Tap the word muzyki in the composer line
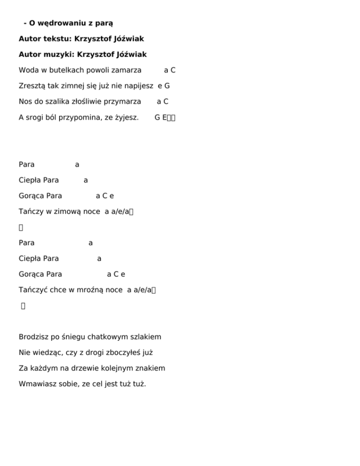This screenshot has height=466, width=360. point(60,54)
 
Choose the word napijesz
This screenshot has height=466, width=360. point(139,86)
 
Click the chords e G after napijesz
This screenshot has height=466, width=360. point(164,86)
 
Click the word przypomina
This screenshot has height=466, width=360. point(84,117)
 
